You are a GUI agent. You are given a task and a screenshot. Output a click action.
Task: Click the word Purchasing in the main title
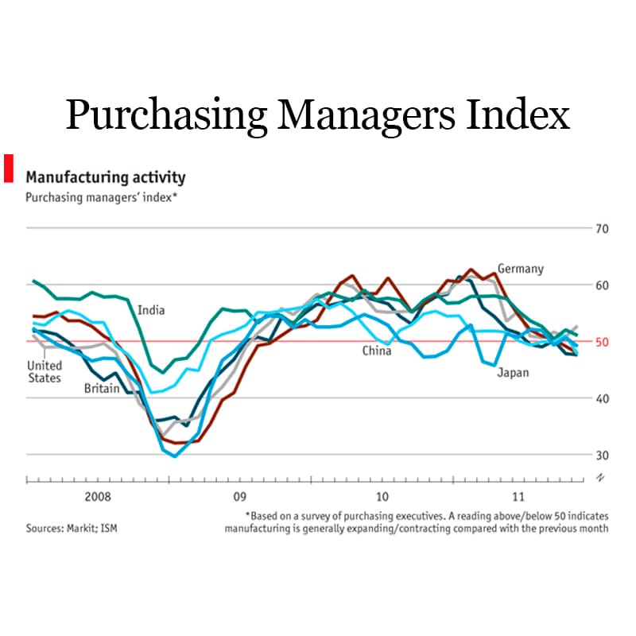166,115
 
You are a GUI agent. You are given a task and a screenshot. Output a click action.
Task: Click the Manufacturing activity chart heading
106,176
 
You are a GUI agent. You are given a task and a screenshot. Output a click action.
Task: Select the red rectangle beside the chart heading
10,168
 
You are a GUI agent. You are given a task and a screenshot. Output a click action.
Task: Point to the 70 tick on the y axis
601,229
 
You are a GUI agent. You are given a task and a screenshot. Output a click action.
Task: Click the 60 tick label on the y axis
601,285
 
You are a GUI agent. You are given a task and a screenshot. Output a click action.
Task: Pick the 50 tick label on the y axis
601,342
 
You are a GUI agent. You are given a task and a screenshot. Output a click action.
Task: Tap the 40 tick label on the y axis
601,398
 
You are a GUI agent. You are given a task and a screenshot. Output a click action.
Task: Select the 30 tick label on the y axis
601,455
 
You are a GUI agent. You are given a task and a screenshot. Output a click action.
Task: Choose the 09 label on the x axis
239,498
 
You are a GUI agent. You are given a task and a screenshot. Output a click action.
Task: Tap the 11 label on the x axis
519,498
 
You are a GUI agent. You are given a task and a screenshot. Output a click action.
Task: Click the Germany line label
521,269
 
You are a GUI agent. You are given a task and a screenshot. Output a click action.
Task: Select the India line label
151,310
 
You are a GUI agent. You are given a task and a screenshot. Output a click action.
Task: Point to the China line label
377,351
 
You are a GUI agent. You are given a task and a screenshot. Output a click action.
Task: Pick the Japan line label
513,372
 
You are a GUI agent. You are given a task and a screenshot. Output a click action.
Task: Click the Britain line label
102,389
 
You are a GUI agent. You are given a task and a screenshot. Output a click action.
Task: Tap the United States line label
45,371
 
